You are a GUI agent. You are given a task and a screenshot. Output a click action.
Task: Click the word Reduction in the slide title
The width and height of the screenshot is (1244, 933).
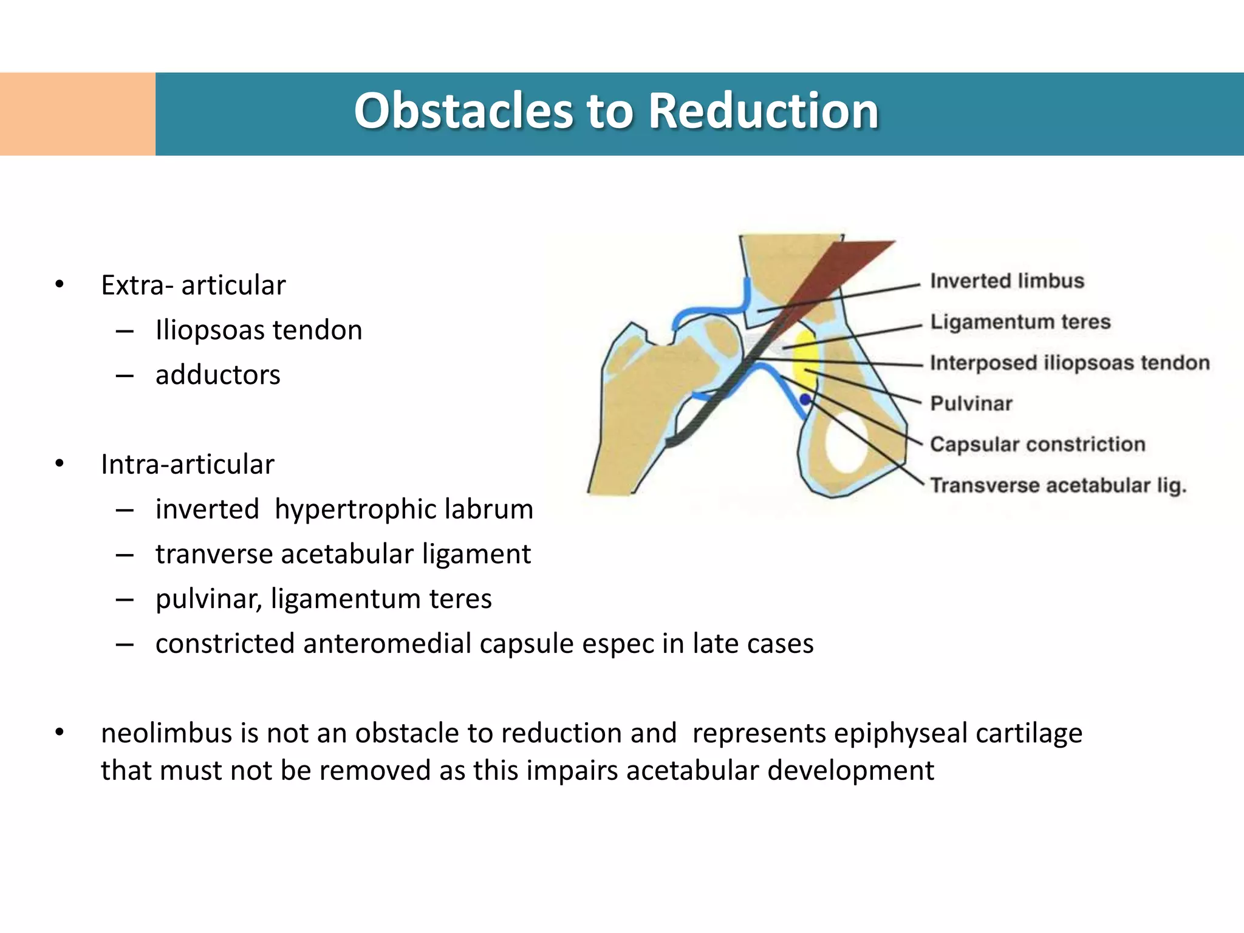[763, 111]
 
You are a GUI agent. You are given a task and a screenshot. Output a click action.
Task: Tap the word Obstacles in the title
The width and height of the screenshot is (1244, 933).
[463, 111]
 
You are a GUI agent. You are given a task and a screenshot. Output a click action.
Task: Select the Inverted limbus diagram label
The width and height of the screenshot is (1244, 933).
[1006, 281]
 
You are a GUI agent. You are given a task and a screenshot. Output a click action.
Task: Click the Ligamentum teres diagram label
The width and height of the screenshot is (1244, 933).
[1020, 321]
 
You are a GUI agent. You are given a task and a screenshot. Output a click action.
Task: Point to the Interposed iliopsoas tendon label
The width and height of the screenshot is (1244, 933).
[1070, 363]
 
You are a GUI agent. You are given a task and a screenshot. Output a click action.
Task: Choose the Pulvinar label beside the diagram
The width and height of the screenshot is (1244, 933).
[971, 403]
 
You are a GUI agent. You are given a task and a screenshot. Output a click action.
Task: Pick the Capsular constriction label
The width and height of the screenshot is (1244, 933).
[1037, 444]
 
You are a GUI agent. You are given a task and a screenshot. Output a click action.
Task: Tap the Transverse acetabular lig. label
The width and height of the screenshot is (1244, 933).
[1058, 485]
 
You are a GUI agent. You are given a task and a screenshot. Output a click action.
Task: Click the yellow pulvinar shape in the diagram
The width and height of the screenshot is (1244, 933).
[806, 358]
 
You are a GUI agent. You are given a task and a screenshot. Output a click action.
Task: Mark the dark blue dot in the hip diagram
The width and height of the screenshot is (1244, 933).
[805, 400]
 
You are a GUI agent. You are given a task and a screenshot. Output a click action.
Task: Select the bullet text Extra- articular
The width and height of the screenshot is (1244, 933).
[193, 285]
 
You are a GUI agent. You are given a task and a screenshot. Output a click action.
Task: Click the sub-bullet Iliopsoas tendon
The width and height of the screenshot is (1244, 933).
[259, 330]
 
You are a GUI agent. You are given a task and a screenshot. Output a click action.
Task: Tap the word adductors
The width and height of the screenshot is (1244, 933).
[217, 375]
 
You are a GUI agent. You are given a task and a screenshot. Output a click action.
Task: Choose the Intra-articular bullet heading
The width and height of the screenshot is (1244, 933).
[187, 464]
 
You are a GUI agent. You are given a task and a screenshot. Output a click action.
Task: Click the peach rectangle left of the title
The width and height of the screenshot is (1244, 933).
[78, 114]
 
